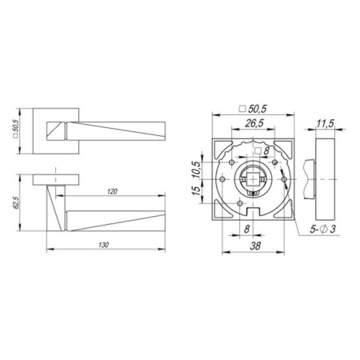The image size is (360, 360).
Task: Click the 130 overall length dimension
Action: click(105, 242)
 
